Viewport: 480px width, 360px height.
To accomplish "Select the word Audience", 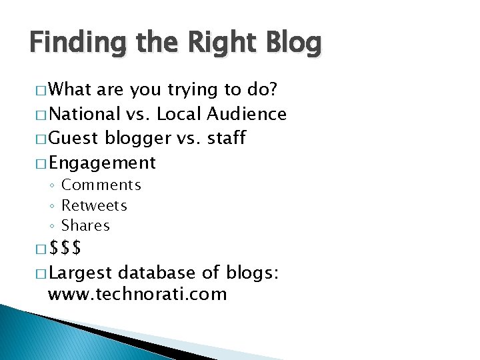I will tap(246, 114).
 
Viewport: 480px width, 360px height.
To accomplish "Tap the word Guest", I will tap(73, 138).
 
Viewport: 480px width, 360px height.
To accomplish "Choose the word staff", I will tap(225, 138).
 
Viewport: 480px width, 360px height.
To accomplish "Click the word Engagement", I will tap(102, 162).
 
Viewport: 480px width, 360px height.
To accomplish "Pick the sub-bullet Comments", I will tap(101, 185).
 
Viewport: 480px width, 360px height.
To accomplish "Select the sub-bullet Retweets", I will tap(94, 205).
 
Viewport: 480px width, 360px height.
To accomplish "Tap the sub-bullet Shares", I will tap(85, 225).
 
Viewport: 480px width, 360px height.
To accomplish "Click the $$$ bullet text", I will tap(65, 249).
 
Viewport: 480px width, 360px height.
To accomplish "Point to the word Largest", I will tap(81, 273).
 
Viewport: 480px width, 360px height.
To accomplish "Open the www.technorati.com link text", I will tap(137, 294).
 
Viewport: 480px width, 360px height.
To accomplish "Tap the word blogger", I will tap(137, 138).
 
